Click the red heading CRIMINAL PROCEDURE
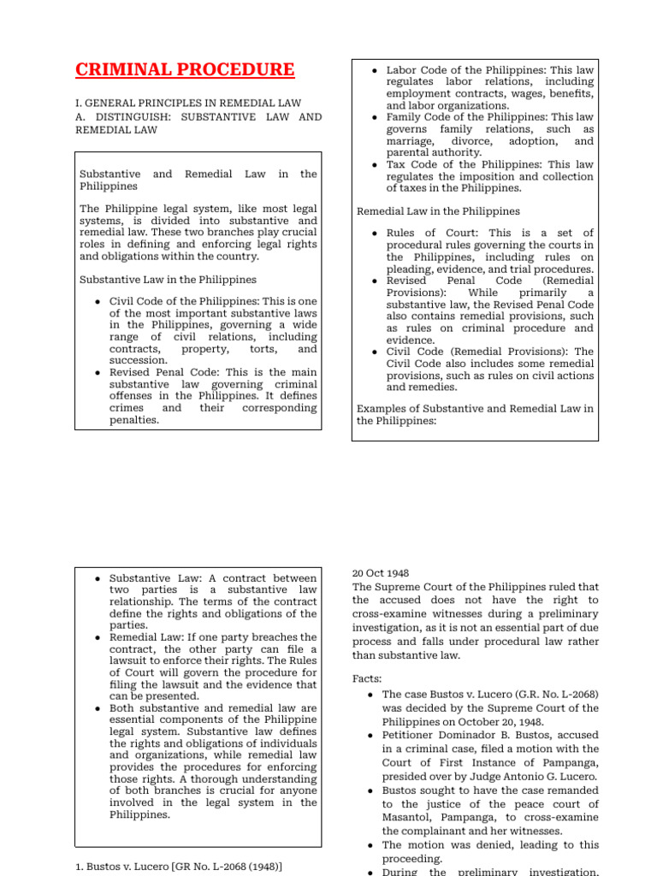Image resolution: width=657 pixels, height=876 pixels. [x=185, y=69]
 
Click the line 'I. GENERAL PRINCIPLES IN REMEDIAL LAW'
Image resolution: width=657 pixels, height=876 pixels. [x=188, y=103]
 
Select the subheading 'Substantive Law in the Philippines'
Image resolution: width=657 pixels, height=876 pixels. [x=168, y=279]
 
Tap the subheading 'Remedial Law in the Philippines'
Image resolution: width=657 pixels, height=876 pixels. [x=438, y=210]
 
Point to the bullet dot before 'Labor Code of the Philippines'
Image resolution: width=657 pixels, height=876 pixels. [x=376, y=69]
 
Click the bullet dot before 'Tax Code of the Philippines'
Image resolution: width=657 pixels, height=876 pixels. [x=376, y=165]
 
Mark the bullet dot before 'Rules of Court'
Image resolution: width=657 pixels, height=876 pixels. [x=376, y=234]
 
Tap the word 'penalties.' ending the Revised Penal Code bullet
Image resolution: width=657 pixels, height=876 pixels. [x=134, y=420]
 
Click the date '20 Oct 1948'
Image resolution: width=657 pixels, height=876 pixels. [x=381, y=573]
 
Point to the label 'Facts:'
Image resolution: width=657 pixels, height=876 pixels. [x=368, y=678]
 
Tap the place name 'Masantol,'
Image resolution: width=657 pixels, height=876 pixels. [x=412, y=818]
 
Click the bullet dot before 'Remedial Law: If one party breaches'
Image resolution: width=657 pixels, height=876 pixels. [x=99, y=637]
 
